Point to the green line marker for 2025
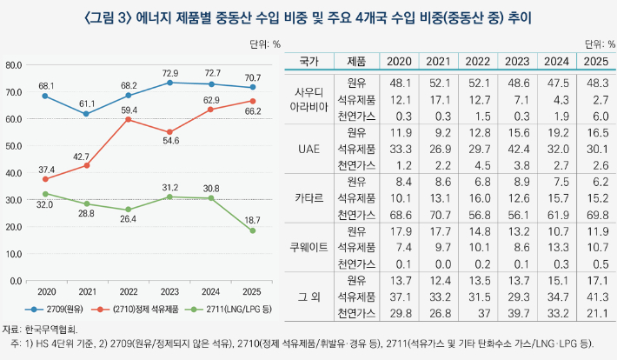pos(253,230)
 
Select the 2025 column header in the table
pos(596,62)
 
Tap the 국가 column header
pos(310,62)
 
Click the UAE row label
pos(310,149)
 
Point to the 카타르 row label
pos(310,198)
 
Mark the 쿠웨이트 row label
pos(310,247)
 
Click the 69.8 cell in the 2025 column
pos(596,214)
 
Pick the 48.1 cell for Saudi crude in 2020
pos(400,83)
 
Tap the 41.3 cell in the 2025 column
pos(596,297)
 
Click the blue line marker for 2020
pos(44,96)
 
